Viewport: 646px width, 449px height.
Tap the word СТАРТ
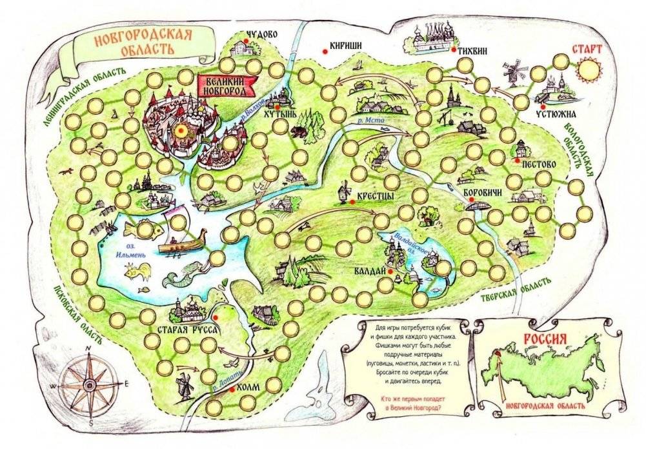(587, 49)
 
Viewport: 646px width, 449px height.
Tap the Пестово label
(538, 164)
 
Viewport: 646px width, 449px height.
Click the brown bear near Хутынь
(299, 132)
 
